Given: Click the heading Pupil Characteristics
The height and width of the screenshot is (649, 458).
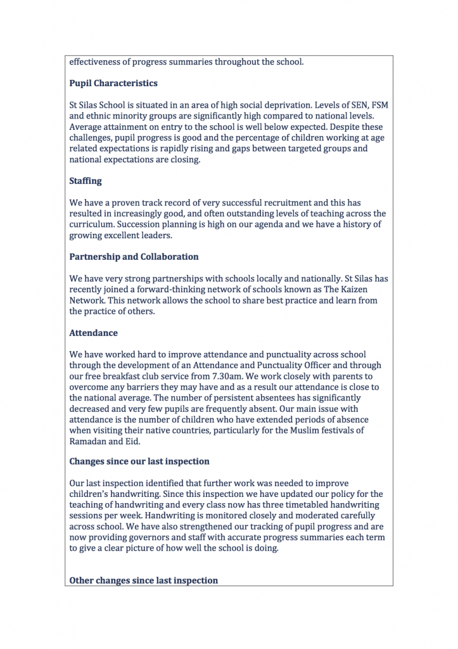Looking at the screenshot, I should click(113, 83).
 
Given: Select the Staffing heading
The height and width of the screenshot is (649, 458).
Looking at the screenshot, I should click(86, 181).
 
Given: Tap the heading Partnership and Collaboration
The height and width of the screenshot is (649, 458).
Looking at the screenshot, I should click(134, 257).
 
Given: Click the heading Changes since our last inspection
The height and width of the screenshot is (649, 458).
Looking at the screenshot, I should click(139, 461).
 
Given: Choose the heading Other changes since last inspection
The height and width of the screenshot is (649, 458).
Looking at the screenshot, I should click(143, 580).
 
